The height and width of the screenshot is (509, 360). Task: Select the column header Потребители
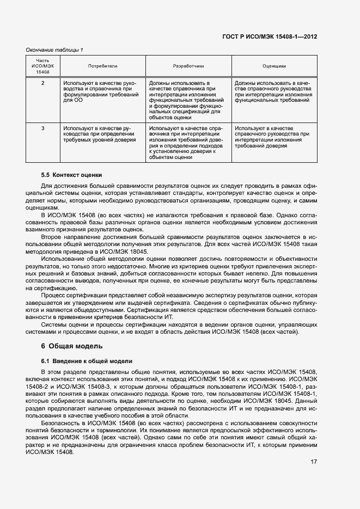[x=102, y=66]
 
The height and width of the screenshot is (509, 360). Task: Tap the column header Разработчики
[x=188, y=66]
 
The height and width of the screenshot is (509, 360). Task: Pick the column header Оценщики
[x=274, y=66]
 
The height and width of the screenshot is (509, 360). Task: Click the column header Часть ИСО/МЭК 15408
[x=42, y=66]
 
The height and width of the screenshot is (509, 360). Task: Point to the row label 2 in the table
[x=42, y=83]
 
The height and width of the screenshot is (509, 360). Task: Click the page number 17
[x=314, y=462]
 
